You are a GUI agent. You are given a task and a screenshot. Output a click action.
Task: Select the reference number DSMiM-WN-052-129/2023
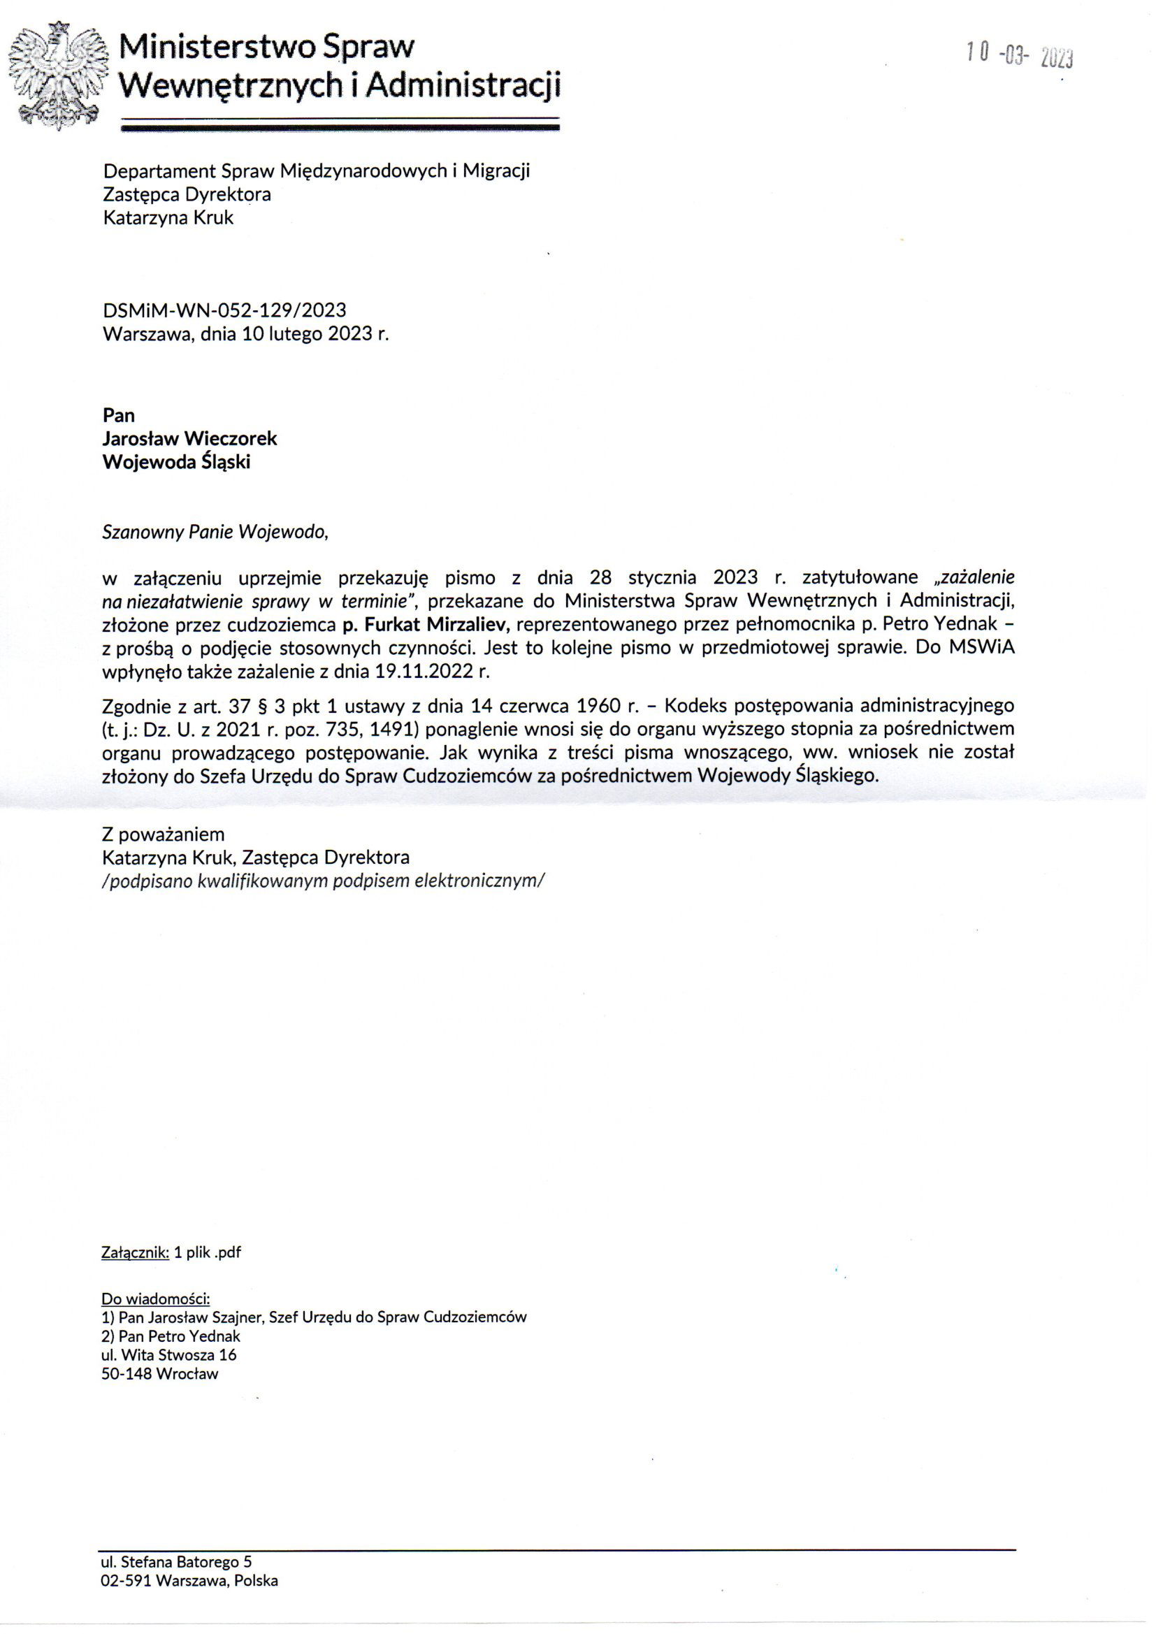(224, 310)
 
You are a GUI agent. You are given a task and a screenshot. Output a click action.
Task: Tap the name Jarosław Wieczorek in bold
(189, 438)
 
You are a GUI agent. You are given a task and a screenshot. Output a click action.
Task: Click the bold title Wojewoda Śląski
(177, 462)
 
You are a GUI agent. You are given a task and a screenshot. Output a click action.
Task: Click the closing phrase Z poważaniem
(163, 834)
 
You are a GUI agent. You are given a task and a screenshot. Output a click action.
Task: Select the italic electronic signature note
(323, 881)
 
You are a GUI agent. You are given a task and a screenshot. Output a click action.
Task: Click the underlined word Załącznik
(136, 1252)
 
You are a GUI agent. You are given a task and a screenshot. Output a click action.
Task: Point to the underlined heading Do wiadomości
(155, 1297)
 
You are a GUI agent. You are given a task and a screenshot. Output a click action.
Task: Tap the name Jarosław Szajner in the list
(205, 1317)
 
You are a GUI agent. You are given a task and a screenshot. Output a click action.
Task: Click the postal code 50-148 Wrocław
(159, 1374)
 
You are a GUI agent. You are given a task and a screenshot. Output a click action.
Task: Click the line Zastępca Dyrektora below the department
(187, 194)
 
